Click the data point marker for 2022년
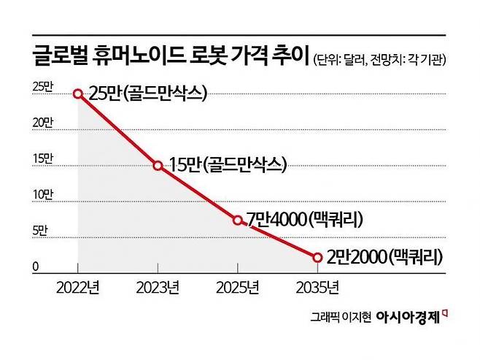tap(78, 93)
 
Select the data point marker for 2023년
tap(158, 165)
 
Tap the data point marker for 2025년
tap(238, 219)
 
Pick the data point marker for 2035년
tap(317, 257)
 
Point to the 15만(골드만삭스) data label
tap(227, 165)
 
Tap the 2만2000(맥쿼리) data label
tap(386, 257)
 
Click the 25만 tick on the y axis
tap(42, 87)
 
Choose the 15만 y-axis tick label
tap(42, 158)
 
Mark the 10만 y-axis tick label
tap(42, 194)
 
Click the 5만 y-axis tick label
tap(41, 231)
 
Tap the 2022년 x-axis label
tap(78, 288)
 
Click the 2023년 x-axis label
tap(158, 288)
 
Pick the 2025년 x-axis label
tap(238, 288)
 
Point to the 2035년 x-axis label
tap(317, 288)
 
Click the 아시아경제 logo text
tap(409, 317)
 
